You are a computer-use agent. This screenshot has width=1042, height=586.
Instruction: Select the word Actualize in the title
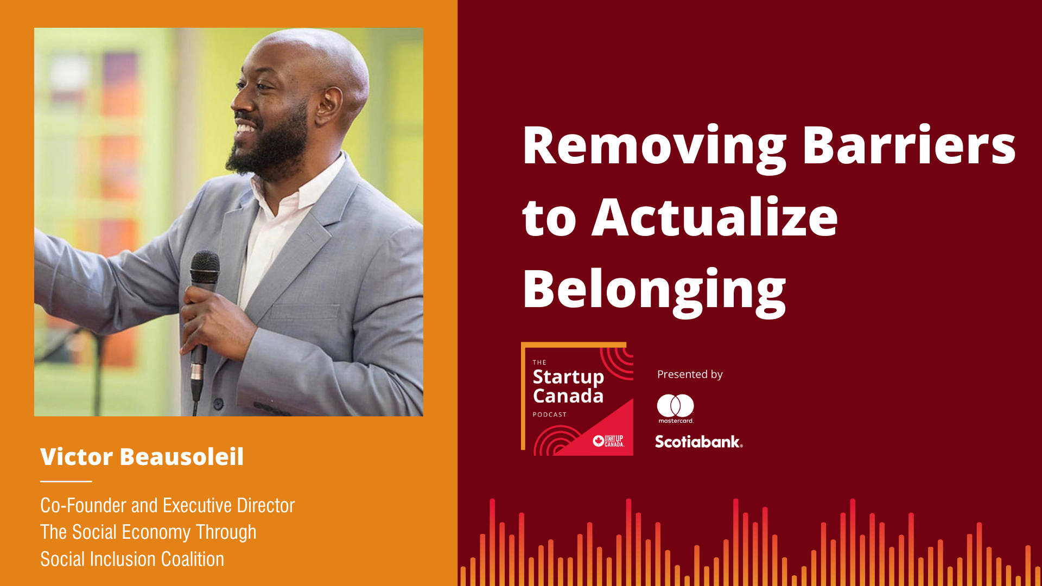pyautogui.click(x=715, y=216)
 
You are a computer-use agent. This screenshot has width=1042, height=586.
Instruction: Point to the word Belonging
pyautogui.click(x=655, y=290)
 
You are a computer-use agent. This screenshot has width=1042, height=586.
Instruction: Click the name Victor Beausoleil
pyautogui.click(x=142, y=456)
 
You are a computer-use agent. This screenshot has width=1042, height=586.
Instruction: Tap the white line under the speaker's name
pyautogui.click(x=66, y=481)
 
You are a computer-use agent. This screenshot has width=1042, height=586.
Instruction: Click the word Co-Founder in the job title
pyautogui.click(x=84, y=505)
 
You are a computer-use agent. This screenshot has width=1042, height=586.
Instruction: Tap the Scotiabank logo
pyautogui.click(x=698, y=442)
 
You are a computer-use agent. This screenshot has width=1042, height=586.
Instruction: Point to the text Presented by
pyautogui.click(x=690, y=374)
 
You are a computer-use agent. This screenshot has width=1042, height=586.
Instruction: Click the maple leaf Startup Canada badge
pyautogui.click(x=608, y=441)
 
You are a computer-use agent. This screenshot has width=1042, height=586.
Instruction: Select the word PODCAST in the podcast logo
pyautogui.click(x=550, y=415)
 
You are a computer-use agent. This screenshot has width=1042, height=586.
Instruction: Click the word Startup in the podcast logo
pyautogui.click(x=568, y=377)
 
